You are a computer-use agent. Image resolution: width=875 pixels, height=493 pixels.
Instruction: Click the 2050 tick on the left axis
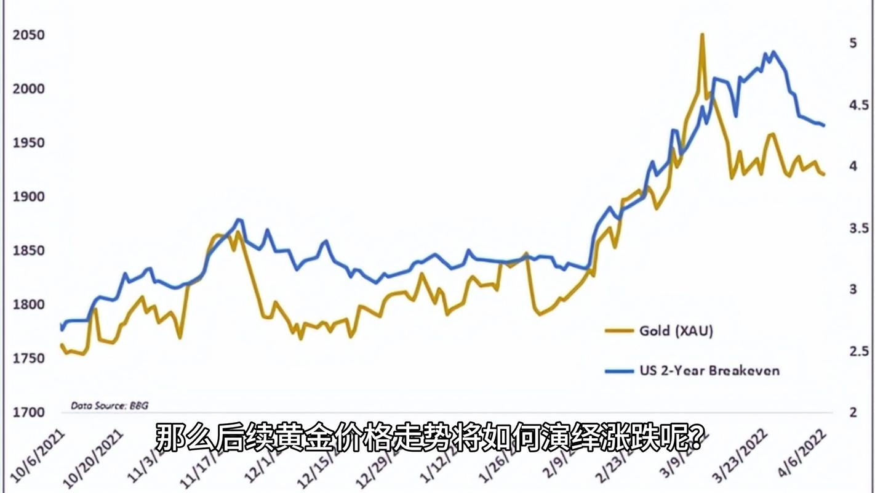tap(28, 35)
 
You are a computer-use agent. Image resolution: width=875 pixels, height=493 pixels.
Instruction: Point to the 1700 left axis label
tap(28, 412)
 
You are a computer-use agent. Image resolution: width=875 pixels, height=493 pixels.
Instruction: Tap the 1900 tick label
tap(28, 197)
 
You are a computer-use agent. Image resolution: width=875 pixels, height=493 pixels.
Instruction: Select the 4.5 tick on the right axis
tap(858, 105)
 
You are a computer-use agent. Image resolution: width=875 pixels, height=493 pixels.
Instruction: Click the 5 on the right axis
tap(853, 43)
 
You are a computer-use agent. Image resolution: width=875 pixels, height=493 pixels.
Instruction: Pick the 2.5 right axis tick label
tap(858, 351)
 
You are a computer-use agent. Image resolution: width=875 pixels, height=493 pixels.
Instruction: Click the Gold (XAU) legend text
tap(676, 331)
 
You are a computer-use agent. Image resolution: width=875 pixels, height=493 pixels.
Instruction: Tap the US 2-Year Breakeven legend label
tap(709, 370)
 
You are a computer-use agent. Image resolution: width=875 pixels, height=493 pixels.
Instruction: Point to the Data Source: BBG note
tap(110, 405)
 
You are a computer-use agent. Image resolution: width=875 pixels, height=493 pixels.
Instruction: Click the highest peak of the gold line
tap(701, 35)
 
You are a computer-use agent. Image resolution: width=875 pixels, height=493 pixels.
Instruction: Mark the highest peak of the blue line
tap(773, 52)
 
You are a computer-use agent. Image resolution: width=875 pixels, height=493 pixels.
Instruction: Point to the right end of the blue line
tap(823, 125)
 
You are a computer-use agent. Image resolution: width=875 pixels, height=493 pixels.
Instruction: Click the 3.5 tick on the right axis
tap(858, 228)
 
